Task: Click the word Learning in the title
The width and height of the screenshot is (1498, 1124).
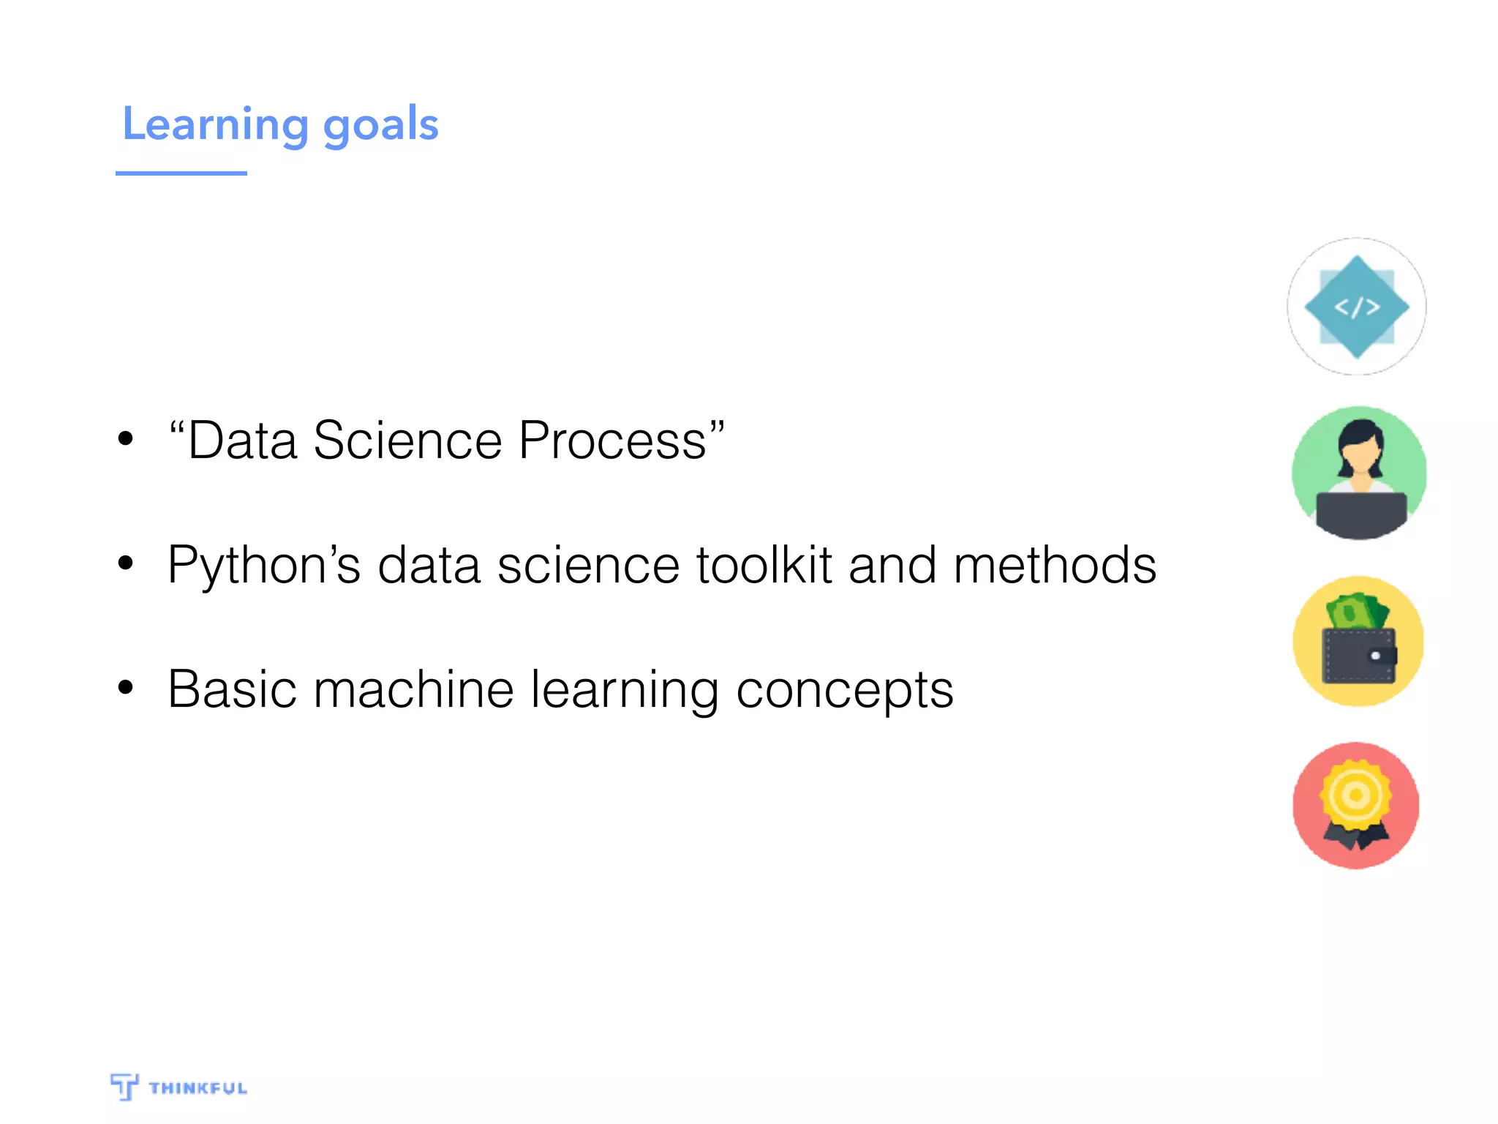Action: coord(215,124)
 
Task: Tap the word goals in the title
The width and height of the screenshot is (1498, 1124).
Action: coord(380,126)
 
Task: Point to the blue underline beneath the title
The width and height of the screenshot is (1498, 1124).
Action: coord(181,173)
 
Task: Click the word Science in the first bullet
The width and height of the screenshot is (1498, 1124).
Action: coord(407,441)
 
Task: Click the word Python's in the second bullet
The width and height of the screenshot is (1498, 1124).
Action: coord(264,566)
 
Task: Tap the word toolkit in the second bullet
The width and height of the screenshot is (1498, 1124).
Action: coord(764,566)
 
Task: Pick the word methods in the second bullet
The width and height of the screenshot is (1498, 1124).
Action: coord(1055,566)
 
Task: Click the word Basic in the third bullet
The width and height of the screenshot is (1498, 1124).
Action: coord(232,690)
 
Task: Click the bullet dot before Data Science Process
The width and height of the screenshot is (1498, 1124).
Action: coord(126,438)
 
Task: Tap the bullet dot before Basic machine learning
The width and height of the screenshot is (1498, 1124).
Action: coord(126,687)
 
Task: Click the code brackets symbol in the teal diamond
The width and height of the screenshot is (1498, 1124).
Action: coord(1357,307)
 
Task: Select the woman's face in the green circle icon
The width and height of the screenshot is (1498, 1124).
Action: coord(1360,457)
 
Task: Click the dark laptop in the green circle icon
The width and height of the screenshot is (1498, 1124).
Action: coord(1360,514)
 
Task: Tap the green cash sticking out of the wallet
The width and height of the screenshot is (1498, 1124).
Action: coord(1358,611)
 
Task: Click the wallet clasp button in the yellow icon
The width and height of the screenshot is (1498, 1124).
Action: coord(1376,656)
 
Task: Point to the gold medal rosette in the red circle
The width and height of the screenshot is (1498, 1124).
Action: coord(1355,795)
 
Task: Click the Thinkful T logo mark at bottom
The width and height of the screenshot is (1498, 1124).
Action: coord(124,1086)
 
